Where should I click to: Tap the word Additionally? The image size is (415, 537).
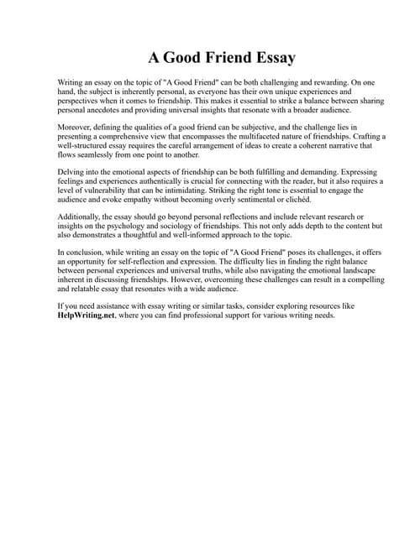click(x=83, y=217)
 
